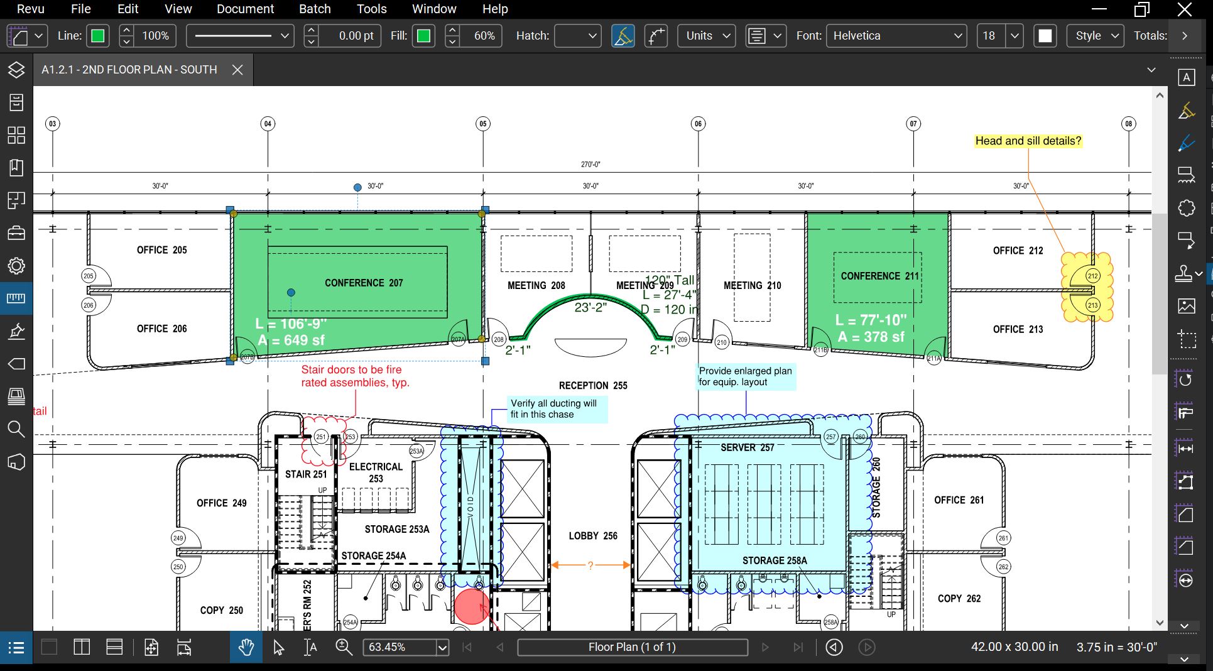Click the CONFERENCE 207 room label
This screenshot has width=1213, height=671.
364,283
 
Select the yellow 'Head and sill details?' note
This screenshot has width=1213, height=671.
1028,141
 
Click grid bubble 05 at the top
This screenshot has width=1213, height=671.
482,124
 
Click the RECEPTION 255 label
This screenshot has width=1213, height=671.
593,385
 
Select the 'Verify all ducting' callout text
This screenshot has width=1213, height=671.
553,408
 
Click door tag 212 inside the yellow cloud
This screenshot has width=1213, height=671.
1092,276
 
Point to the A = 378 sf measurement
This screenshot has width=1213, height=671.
871,337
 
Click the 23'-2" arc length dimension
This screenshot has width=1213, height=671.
590,307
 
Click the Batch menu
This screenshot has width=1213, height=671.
315,9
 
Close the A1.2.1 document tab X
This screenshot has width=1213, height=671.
237,70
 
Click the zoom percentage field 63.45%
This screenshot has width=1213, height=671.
399,647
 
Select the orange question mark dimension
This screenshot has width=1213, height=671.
590,565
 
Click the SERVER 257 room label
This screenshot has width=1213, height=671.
747,447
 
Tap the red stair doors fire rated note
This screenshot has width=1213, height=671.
355,376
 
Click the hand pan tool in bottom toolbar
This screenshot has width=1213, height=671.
246,647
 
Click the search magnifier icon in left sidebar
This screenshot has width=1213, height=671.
16,429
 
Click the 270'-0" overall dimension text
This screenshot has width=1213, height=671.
590,165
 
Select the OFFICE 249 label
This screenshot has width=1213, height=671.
221,503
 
